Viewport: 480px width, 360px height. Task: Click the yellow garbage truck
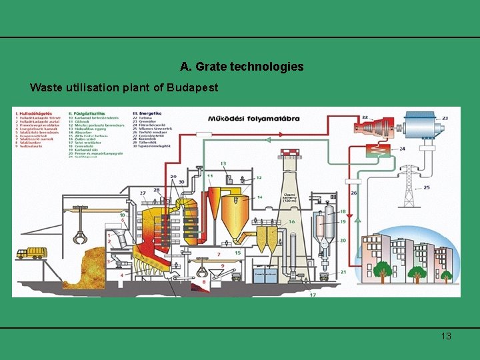31,253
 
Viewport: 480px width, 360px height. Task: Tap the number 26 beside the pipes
355,193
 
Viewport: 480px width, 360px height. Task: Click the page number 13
446,336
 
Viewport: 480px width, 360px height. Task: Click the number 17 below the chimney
313,294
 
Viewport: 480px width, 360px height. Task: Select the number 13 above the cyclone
223,163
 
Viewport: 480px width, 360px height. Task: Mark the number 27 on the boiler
143,193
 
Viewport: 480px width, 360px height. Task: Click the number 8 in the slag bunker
204,282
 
